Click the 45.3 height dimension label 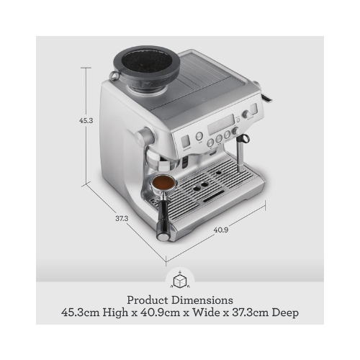coord(86,121)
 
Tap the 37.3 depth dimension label coord(122,219)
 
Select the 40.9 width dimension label coord(221,230)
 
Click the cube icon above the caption coord(180,281)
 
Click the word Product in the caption coord(148,300)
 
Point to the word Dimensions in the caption coord(202,300)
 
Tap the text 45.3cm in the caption coord(80,312)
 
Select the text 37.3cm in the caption coord(251,312)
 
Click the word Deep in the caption coord(285,313)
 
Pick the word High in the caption coord(115,313)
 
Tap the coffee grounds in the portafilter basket coord(163,183)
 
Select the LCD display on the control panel coord(221,124)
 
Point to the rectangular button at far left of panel coord(185,142)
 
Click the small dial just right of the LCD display coord(236,131)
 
